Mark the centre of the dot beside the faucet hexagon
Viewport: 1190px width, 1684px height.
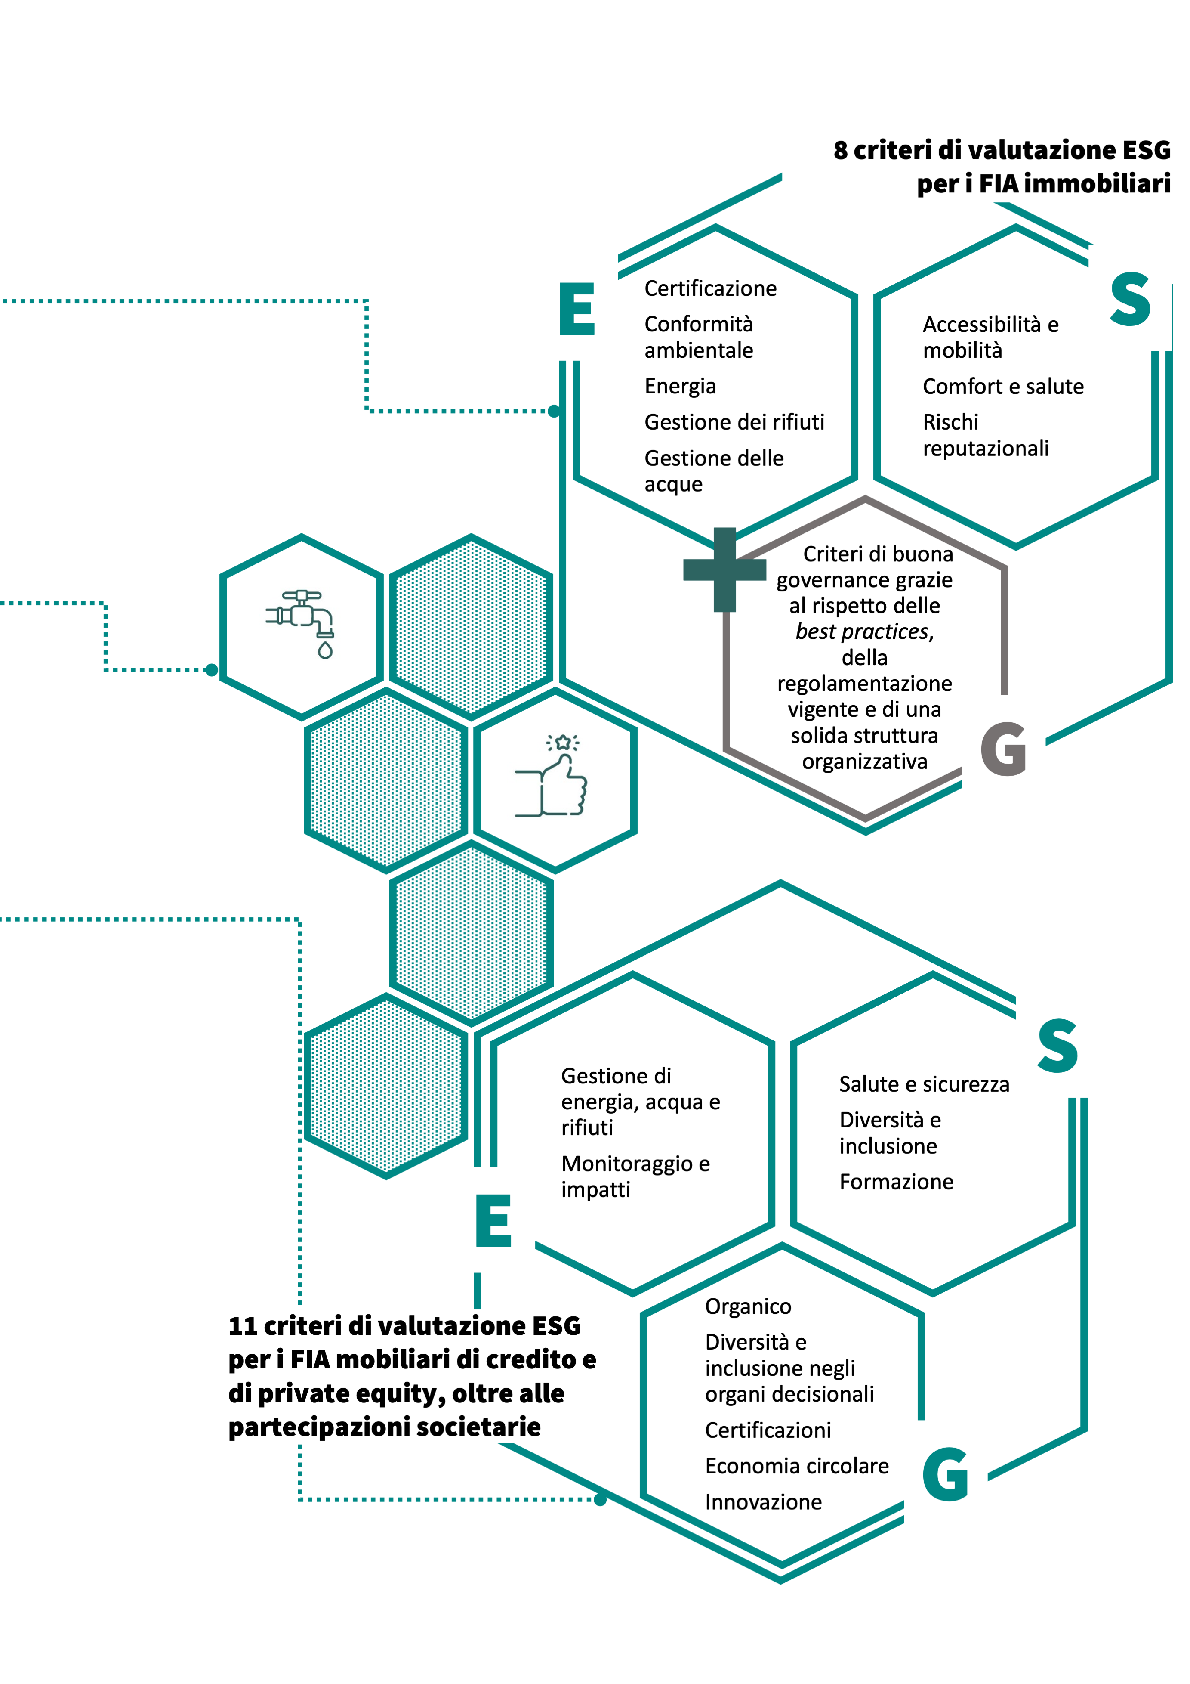coord(212,670)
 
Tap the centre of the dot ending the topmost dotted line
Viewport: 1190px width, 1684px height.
coord(554,411)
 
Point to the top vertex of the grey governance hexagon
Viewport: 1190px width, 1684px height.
coord(865,498)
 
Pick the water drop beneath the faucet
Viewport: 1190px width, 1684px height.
coord(325,650)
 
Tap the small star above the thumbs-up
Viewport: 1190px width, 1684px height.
coord(562,742)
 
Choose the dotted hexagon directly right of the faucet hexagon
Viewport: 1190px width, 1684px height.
coord(471,625)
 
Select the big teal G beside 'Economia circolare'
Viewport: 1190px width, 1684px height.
coord(945,1474)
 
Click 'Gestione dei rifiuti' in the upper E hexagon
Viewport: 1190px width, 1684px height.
coord(734,422)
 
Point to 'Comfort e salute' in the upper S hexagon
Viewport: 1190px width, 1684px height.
coord(1003,387)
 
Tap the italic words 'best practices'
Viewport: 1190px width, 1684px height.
coord(864,631)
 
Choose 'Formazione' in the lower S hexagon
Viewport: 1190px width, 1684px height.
coord(896,1182)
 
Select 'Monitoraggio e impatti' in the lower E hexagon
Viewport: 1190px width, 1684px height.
coord(635,1176)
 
